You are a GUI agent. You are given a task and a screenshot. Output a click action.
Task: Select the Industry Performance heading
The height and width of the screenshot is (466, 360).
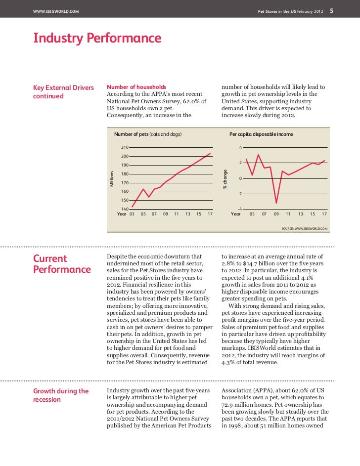tap(97, 38)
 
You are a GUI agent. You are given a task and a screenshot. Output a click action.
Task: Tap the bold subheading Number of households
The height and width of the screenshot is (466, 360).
tap(136, 87)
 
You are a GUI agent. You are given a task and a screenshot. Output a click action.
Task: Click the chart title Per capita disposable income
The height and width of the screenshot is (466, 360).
tap(261, 134)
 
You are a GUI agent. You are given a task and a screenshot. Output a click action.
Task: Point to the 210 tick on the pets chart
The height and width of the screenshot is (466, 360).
tap(125, 147)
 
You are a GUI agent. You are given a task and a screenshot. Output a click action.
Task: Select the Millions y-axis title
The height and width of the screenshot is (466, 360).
tap(112, 178)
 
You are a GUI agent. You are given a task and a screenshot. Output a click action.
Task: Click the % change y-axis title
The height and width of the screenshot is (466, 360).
tap(225, 179)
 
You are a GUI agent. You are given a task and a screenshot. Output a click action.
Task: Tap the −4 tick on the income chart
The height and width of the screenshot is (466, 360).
tap(239, 209)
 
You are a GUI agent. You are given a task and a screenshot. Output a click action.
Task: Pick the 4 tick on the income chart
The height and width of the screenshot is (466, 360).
tap(240, 147)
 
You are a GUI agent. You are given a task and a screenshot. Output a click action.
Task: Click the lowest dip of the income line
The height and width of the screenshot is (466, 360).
tap(276, 203)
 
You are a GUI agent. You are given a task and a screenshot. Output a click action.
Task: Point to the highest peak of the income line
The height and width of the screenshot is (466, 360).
tap(258, 155)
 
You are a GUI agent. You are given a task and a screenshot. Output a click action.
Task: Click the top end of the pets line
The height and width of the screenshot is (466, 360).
tap(211, 154)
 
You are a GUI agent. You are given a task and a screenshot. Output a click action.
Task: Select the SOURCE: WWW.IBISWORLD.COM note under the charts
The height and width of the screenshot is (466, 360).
tap(304, 229)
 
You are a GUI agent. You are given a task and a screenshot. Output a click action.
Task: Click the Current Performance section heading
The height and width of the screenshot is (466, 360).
tap(61, 264)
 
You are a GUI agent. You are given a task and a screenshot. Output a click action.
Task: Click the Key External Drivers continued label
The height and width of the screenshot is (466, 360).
tap(63, 91)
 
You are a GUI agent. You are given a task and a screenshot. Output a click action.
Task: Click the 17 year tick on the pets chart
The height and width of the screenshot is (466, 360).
tap(210, 214)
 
